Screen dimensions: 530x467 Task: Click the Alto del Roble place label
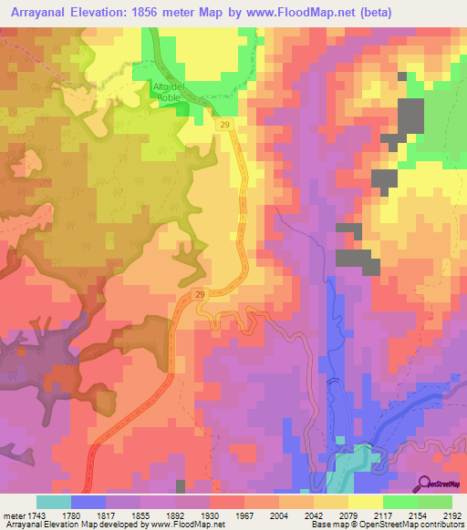[x=168, y=93]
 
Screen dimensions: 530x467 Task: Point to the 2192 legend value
[x=453, y=515]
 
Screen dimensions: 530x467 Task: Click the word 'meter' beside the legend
[x=14, y=515]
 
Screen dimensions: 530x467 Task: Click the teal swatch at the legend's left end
[x=54, y=502]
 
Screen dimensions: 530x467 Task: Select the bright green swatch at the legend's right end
[x=435, y=502]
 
